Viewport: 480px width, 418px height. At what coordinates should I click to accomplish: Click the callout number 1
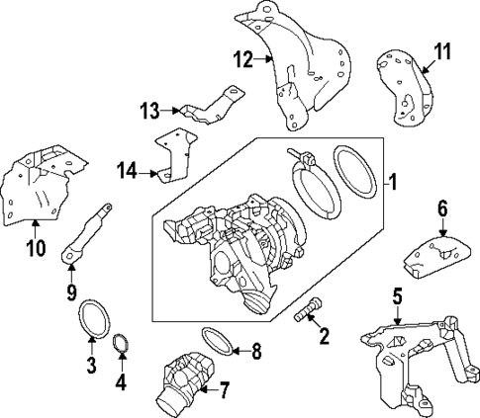[x=391, y=184]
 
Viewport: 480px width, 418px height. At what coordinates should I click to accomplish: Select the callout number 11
[x=442, y=49]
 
